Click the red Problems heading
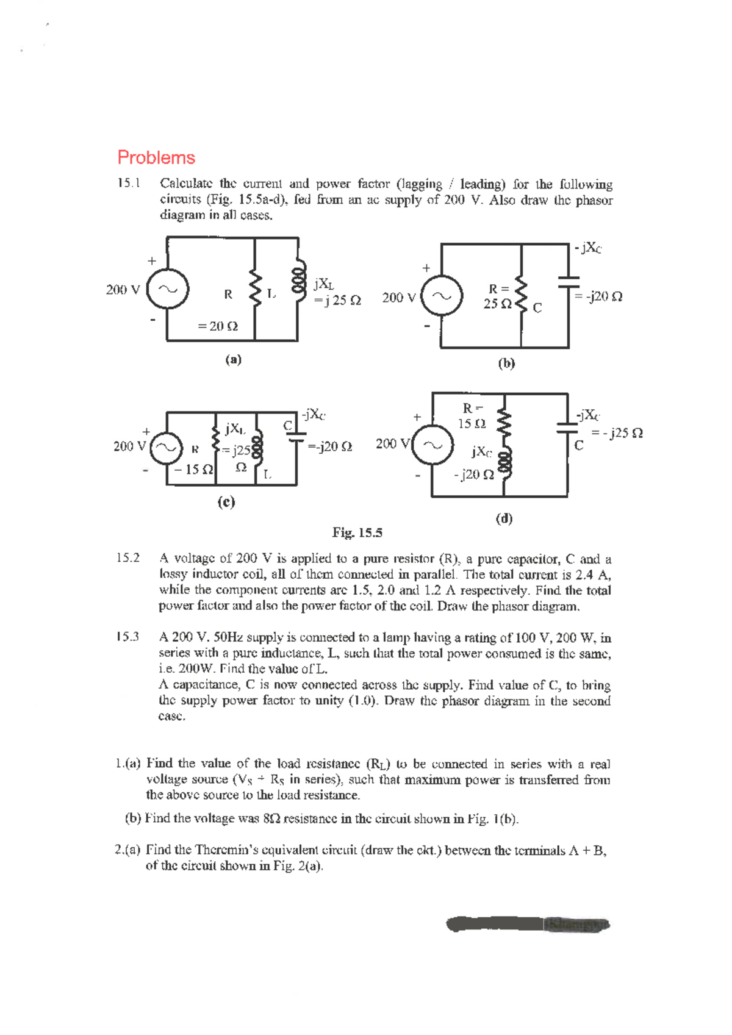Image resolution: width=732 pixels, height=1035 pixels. coord(156,158)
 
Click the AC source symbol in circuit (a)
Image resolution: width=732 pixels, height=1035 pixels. coord(169,288)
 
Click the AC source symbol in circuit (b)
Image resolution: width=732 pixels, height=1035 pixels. coord(443,296)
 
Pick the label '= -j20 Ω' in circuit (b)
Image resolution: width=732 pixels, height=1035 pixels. coord(599,296)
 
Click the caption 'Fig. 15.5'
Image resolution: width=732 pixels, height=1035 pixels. coord(357,532)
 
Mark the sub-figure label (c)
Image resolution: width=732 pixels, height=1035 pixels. coord(226,502)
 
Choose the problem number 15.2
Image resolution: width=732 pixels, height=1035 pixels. coord(128,558)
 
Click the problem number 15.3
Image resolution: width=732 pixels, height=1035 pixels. coord(128,637)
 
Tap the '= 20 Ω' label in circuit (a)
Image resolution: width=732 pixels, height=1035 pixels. coord(218,326)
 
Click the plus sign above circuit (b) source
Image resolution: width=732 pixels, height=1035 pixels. coord(426,268)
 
